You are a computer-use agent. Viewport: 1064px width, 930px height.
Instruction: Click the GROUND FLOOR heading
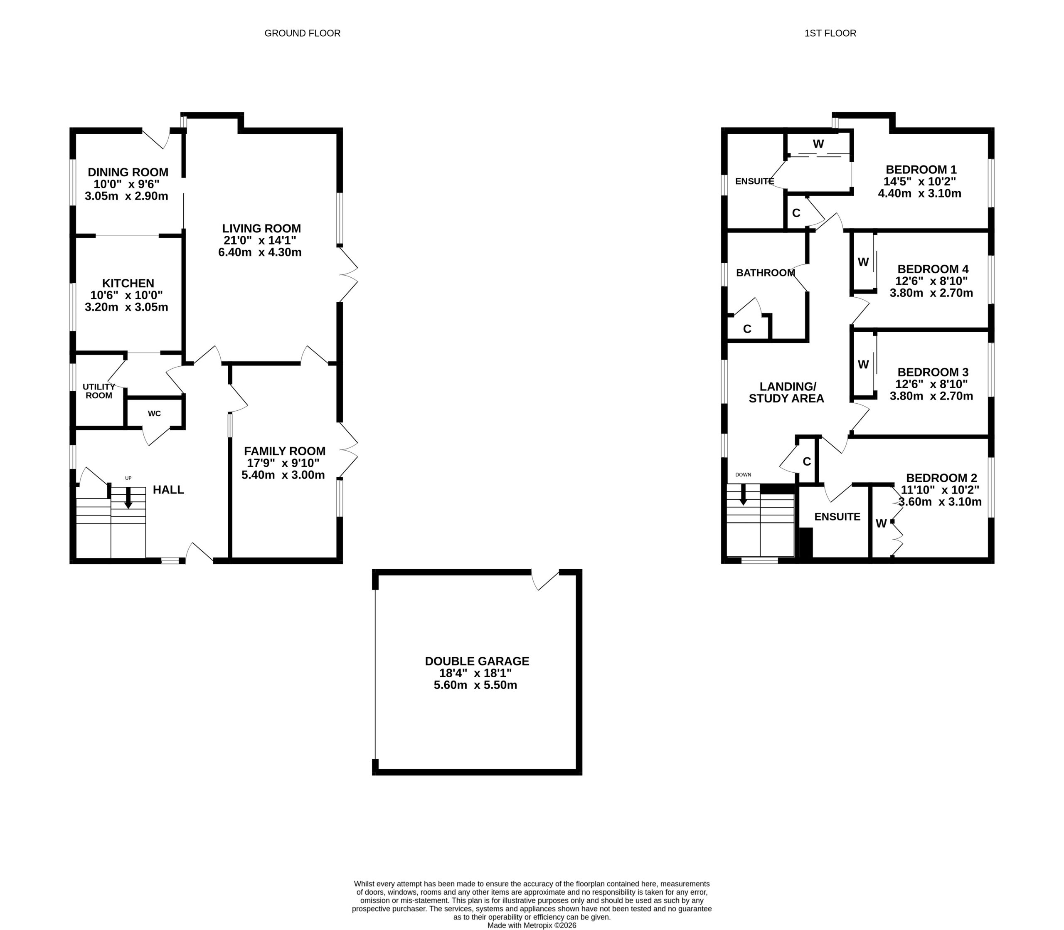303,33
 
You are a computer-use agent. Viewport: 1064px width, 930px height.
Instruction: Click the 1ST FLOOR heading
830,33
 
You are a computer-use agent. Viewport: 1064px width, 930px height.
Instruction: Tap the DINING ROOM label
128,172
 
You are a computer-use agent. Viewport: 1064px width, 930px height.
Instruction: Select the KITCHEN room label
128,284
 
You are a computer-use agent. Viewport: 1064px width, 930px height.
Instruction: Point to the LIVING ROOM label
261,228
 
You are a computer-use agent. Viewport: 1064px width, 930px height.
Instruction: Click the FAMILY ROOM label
285,451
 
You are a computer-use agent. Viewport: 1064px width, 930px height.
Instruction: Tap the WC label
154,414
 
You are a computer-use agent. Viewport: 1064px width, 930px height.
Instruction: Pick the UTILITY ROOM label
99,391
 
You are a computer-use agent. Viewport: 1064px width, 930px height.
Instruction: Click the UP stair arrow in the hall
128,497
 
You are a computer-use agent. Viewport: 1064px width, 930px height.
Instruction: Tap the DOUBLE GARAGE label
477,661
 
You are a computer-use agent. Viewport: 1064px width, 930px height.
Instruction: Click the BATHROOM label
766,272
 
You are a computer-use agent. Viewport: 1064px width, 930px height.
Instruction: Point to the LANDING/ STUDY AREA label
786,392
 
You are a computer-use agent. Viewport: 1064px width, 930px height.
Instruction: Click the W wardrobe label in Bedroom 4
863,262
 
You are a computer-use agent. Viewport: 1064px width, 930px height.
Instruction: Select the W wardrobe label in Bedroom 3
863,364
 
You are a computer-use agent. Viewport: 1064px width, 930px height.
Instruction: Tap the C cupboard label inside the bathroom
747,329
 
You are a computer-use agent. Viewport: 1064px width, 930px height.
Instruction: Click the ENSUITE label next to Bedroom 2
837,517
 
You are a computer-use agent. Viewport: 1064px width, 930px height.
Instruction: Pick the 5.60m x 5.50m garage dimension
475,685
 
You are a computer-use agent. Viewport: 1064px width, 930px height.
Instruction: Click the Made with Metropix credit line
532,925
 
